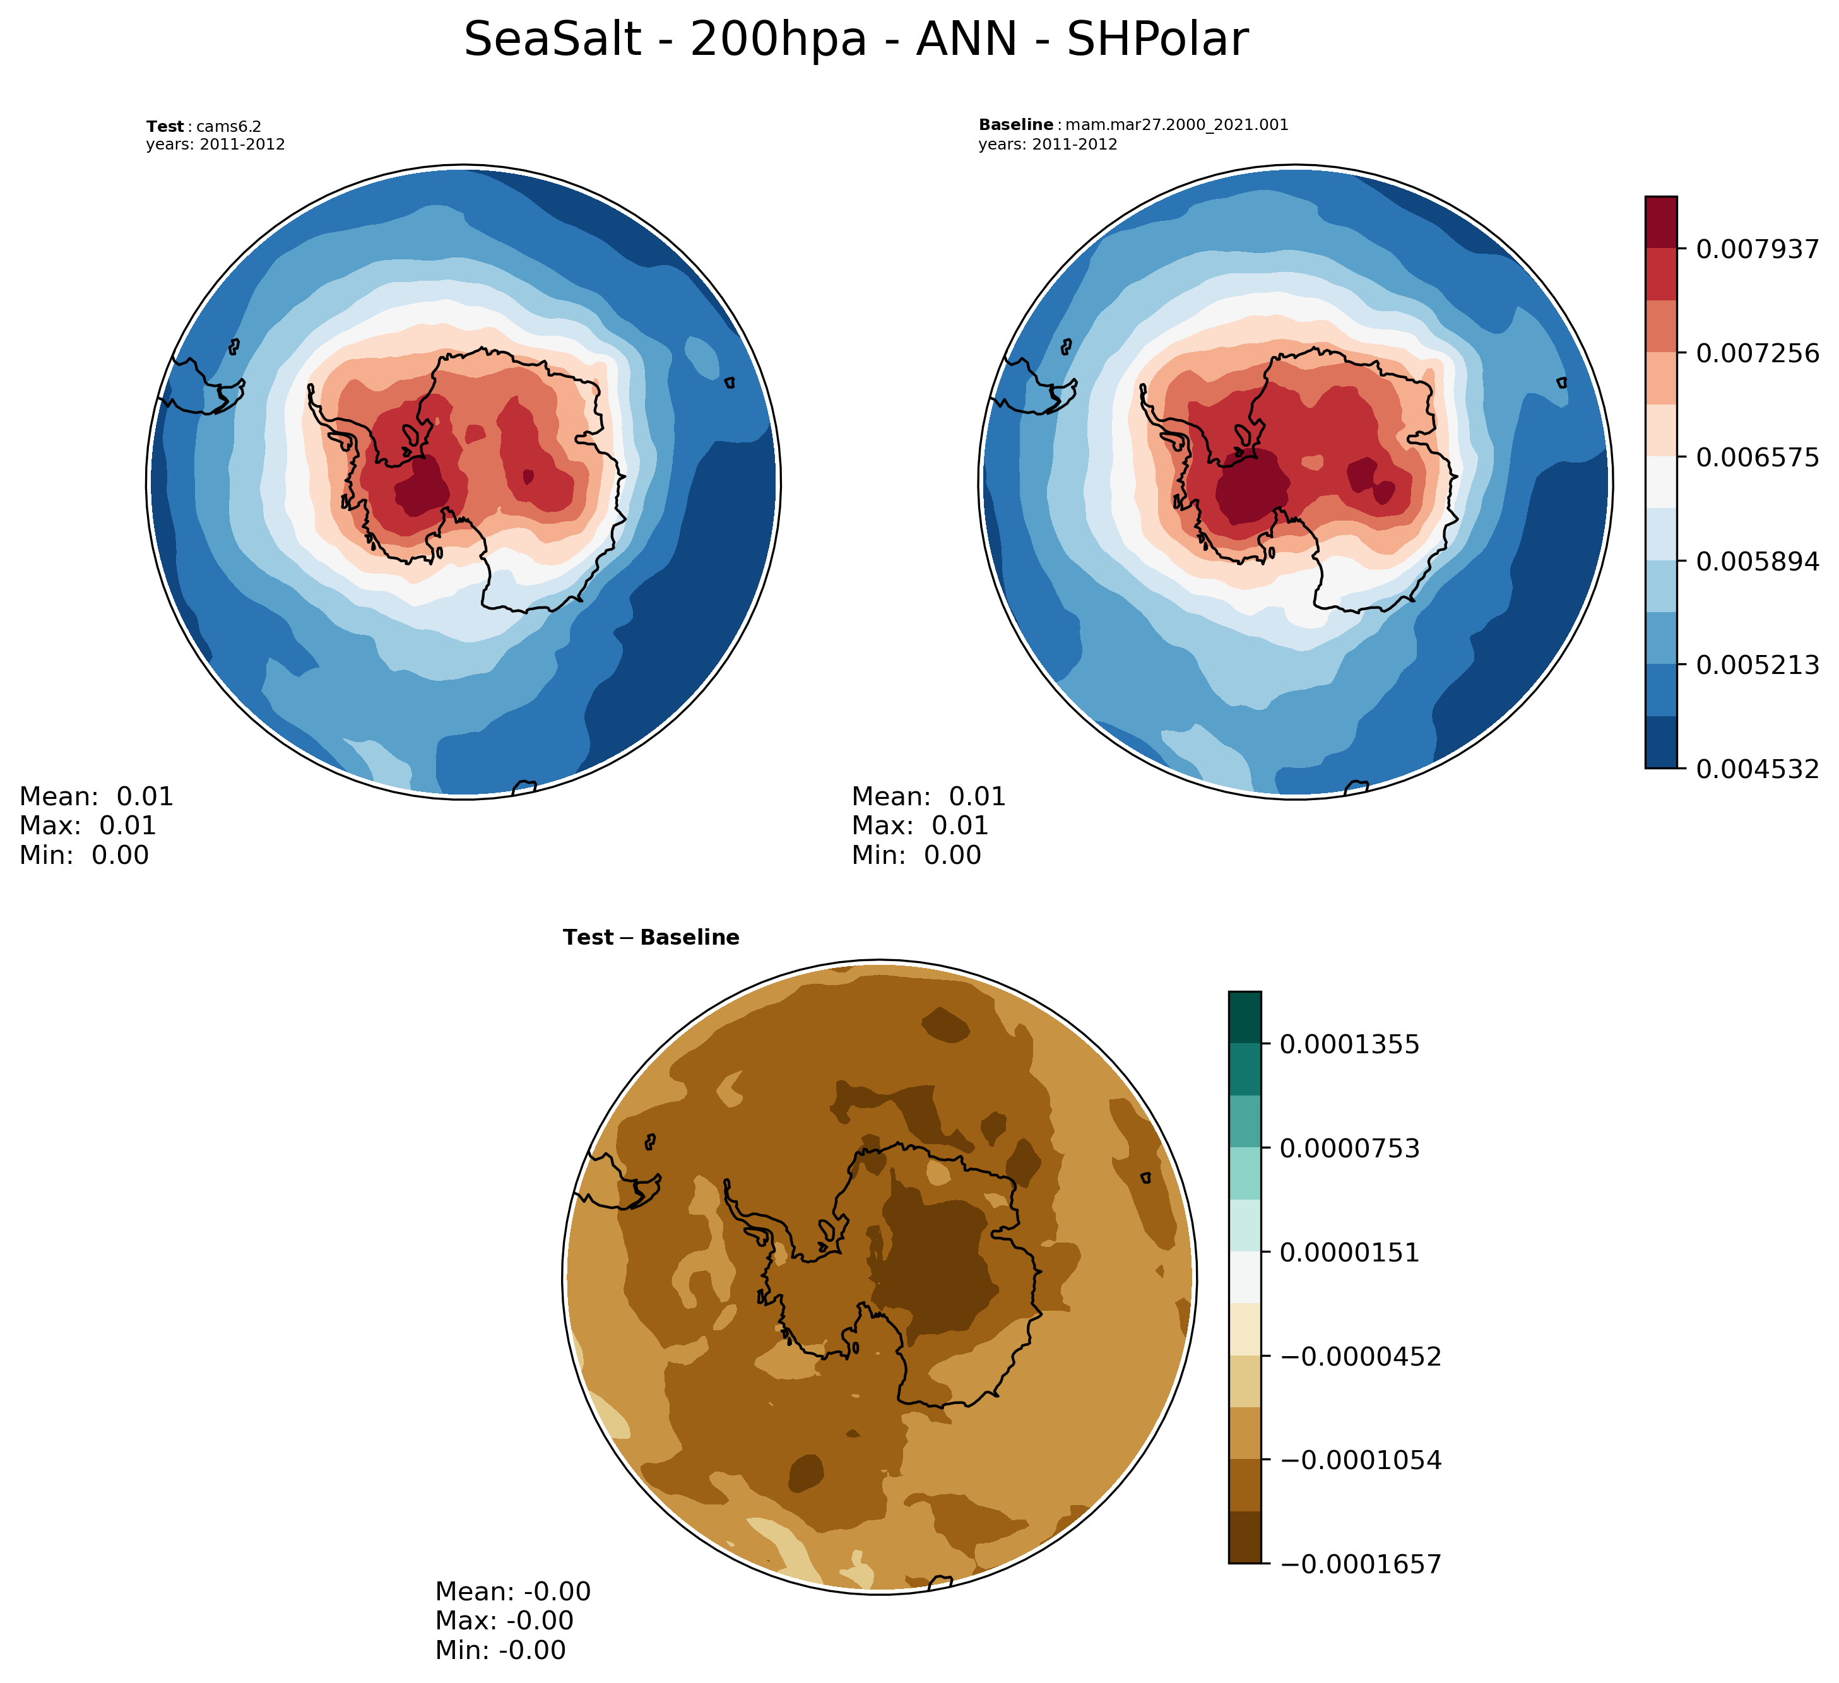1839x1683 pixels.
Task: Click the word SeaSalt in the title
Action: (x=552, y=41)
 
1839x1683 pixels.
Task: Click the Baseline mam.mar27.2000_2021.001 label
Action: (x=1133, y=125)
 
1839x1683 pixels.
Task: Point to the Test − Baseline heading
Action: (x=651, y=938)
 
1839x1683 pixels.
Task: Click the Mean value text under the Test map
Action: (x=96, y=796)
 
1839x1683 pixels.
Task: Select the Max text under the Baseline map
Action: (x=919, y=825)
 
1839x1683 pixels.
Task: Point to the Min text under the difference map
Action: (x=500, y=1650)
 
